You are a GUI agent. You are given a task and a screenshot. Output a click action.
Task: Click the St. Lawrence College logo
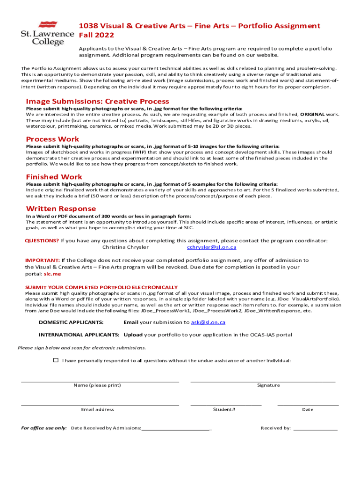(x=47, y=33)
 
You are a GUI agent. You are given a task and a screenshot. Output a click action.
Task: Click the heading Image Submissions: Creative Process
(x=97, y=102)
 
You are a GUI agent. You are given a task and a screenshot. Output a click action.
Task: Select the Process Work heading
(x=52, y=139)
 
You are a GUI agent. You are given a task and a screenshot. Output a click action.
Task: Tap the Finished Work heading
(x=54, y=177)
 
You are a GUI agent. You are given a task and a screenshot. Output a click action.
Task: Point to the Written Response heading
(x=61, y=209)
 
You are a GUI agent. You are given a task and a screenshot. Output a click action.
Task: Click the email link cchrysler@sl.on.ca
(x=211, y=247)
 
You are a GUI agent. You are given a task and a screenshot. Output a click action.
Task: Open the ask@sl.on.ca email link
(x=208, y=322)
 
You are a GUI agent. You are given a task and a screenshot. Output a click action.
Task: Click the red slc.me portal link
(x=52, y=274)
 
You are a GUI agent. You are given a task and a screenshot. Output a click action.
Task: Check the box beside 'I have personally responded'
(x=56, y=360)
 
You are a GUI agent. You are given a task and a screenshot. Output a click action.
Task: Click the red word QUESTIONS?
(x=42, y=241)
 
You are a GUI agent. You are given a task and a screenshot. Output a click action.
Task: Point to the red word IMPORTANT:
(x=42, y=261)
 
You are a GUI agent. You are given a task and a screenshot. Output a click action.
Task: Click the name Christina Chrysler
(x=125, y=247)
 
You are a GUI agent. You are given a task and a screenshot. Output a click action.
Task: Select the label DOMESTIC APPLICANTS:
(x=71, y=322)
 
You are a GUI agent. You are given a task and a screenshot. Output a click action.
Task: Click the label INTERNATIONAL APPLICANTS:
(x=79, y=335)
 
